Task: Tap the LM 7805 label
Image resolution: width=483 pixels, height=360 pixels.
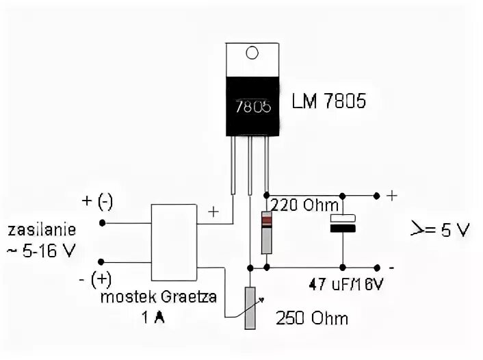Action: (x=328, y=103)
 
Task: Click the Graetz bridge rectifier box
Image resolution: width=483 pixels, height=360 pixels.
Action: (x=174, y=242)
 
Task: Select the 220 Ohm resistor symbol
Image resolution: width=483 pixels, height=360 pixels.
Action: (x=267, y=232)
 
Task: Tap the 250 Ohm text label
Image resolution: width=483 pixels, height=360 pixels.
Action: (x=311, y=318)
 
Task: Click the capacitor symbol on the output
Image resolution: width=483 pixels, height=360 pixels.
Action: (x=342, y=224)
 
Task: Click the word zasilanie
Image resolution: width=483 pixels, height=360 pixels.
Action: (x=42, y=229)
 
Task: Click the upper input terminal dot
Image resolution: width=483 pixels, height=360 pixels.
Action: (x=102, y=222)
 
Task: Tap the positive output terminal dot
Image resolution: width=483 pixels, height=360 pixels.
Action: (x=376, y=194)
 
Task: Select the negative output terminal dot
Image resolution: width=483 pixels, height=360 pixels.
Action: (x=376, y=267)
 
